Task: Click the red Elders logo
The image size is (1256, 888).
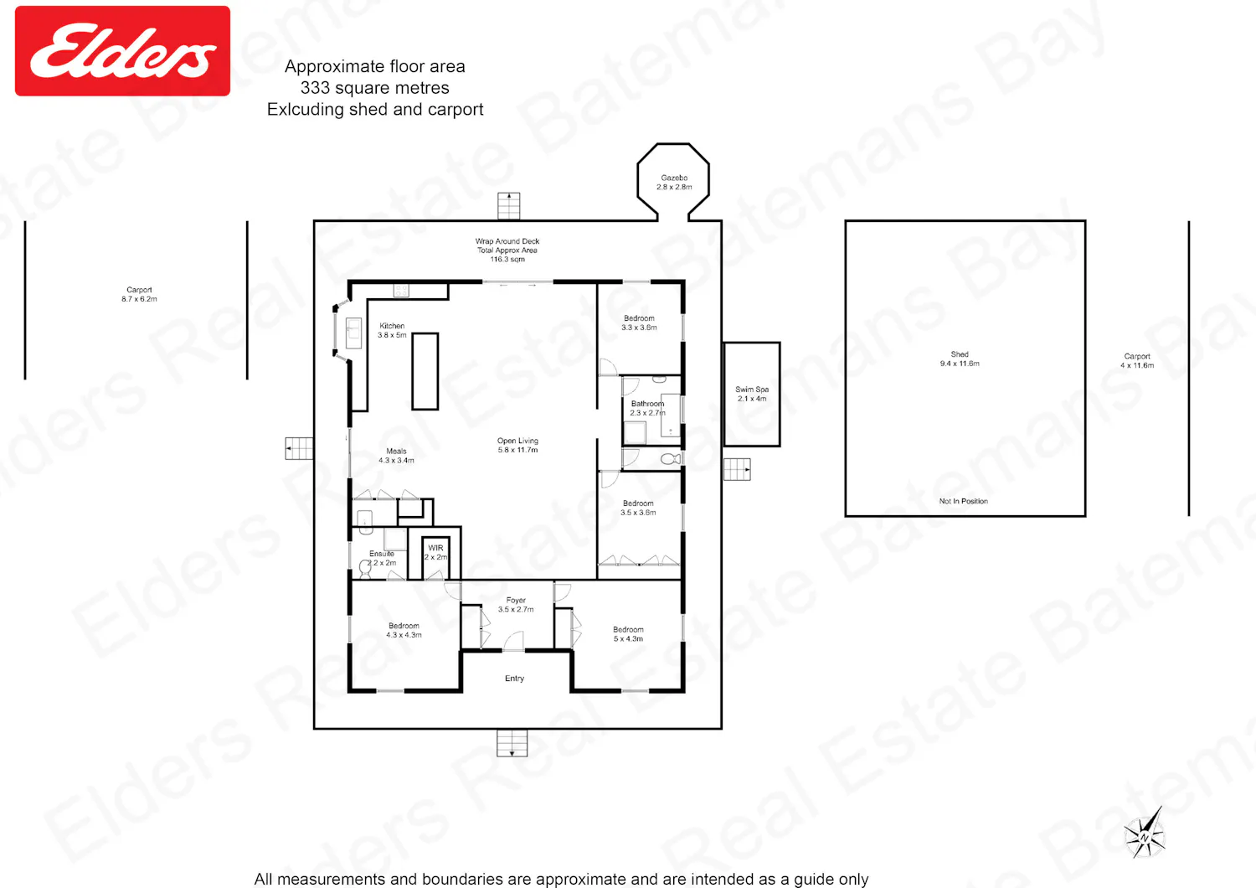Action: point(122,51)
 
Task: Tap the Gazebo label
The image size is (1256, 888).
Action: point(674,183)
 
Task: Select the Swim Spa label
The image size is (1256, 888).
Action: point(752,394)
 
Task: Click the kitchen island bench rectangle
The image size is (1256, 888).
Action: point(425,371)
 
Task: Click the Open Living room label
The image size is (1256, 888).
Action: point(517,446)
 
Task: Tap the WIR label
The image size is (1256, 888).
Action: point(435,553)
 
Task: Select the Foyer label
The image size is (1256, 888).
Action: point(516,605)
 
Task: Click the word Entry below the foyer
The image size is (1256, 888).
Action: point(514,679)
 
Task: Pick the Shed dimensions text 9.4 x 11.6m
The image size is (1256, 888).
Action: point(960,364)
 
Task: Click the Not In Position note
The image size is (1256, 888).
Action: point(963,501)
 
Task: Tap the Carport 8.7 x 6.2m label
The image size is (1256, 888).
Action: point(139,295)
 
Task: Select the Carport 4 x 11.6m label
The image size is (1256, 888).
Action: point(1137,361)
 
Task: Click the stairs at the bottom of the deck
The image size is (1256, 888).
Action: point(512,743)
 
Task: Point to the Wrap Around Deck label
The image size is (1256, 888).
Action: point(507,250)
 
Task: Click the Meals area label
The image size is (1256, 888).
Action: point(396,456)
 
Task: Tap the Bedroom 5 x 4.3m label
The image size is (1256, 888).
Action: point(628,634)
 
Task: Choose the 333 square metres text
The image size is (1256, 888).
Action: point(374,88)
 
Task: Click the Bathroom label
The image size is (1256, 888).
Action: point(647,408)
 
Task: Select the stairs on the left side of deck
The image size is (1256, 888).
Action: point(299,448)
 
